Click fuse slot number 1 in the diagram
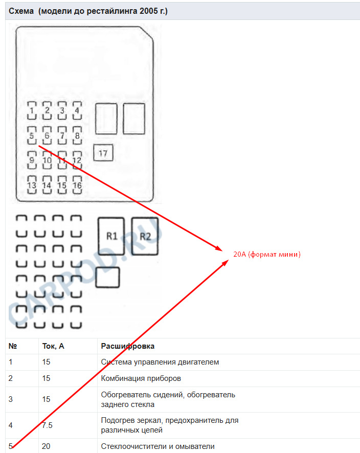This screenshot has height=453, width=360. (x=32, y=110)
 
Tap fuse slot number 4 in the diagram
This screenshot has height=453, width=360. (x=77, y=110)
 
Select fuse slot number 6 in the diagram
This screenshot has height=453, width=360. (x=47, y=135)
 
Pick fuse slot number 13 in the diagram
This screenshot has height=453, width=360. (x=32, y=185)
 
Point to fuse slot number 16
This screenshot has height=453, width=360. (x=77, y=185)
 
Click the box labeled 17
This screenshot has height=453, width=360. (x=103, y=153)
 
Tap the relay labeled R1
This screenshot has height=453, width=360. (x=112, y=236)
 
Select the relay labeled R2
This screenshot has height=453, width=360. (x=145, y=236)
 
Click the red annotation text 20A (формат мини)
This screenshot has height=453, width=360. (x=266, y=254)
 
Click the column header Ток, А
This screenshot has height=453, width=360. (x=53, y=346)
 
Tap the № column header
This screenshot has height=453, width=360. (x=13, y=346)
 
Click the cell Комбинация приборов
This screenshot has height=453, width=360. (x=141, y=378)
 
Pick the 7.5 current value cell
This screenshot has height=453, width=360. (x=48, y=425)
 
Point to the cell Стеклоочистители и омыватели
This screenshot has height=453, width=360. (x=157, y=446)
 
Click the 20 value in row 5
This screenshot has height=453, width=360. (x=46, y=446)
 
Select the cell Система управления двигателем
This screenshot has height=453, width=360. (x=160, y=362)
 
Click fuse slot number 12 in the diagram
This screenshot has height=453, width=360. (x=77, y=160)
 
